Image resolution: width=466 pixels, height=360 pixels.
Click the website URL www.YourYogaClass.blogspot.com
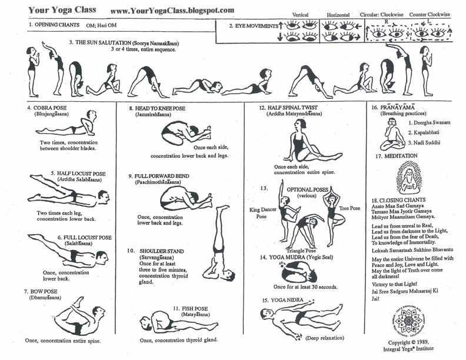tap(172, 11)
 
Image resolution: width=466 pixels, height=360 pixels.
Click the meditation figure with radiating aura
tap(409, 178)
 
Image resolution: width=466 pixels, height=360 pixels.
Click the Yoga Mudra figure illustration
tap(299, 273)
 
